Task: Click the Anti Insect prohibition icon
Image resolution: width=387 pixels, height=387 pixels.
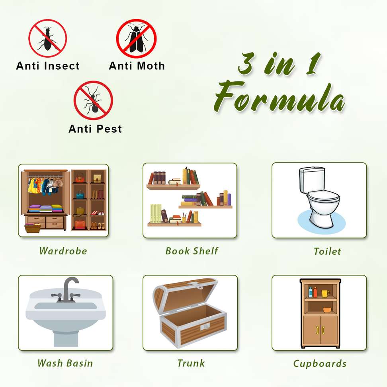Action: point(48,38)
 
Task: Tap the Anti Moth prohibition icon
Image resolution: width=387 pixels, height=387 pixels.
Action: point(136,39)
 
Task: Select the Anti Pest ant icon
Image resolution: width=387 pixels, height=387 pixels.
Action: point(93,100)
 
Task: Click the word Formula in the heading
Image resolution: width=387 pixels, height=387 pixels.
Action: point(279,97)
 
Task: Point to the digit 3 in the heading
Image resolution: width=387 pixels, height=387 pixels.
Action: point(246,63)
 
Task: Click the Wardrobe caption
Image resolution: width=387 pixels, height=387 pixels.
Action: point(63,251)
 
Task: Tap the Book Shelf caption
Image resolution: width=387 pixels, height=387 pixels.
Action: point(192,251)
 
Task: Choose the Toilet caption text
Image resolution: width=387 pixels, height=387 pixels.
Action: point(327,251)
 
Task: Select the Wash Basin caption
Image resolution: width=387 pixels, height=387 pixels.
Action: point(65,363)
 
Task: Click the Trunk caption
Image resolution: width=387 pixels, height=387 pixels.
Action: point(191,363)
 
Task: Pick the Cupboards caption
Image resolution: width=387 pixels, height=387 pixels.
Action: point(320,364)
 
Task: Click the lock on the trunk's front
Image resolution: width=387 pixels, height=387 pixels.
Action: point(205,326)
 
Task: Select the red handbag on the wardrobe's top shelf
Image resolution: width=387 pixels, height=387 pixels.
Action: point(80,178)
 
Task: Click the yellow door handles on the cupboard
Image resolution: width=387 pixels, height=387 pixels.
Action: point(321,330)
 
